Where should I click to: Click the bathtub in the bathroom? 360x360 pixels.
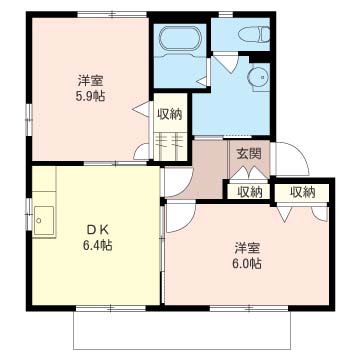[180, 39]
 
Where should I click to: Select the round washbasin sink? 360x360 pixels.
[258, 77]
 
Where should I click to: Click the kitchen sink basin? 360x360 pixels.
[44, 220]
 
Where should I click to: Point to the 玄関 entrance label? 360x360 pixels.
[249, 154]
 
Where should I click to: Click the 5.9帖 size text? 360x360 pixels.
[91, 97]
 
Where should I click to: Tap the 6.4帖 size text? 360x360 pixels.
[97, 246]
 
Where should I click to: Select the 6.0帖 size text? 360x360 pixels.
[246, 264]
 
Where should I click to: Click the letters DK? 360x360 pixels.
[97, 230]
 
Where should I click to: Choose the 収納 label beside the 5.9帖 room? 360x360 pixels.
[170, 114]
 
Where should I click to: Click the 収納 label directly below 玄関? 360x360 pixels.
[249, 192]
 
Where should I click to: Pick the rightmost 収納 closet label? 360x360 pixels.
[302, 192]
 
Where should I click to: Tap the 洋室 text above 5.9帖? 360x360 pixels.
[91, 80]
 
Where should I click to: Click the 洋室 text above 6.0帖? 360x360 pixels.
[247, 248]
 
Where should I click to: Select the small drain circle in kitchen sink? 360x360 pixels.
[39, 220]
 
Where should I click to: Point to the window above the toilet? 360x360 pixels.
[226, 14]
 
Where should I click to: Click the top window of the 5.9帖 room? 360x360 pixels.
[112, 14]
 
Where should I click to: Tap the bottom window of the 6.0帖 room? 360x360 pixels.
[249, 308]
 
